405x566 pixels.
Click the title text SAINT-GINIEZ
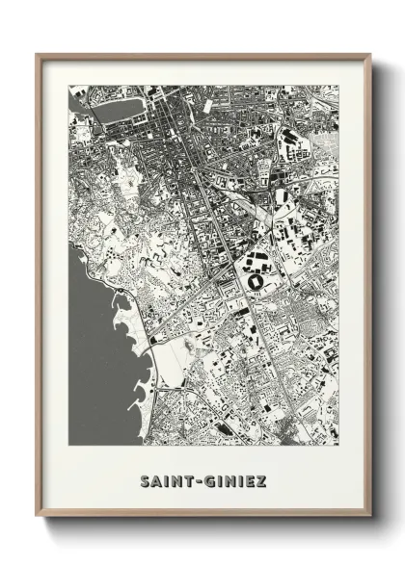click(203, 478)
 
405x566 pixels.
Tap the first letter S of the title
click(145, 478)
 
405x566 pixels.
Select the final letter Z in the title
click(262, 478)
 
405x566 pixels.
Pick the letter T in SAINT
click(188, 478)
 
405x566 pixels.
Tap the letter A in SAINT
click(156, 478)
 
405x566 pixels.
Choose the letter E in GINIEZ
click(251, 478)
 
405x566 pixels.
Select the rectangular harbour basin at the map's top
click(115, 110)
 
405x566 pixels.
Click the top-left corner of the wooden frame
click(38, 55)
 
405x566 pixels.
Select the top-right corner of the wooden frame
click(371, 55)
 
